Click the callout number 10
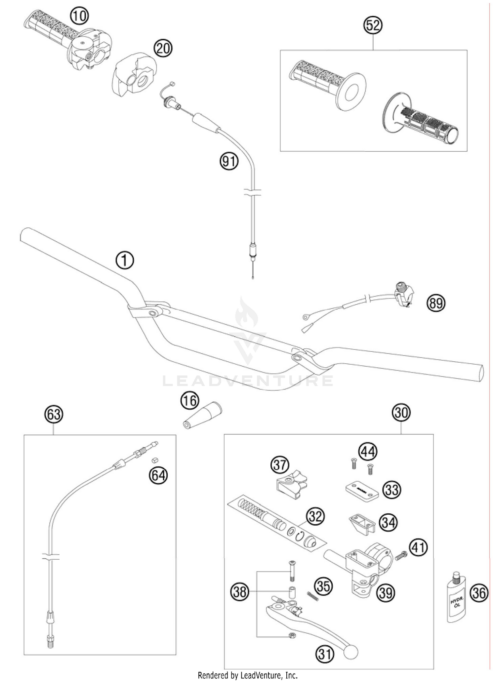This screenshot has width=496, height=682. [79, 15]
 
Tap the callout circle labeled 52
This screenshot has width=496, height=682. [373, 25]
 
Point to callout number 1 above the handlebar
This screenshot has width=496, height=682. [125, 261]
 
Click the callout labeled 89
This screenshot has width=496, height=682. [436, 302]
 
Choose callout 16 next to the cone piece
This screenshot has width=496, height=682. [189, 401]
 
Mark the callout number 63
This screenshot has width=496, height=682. [54, 414]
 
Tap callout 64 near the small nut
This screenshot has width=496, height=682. [158, 475]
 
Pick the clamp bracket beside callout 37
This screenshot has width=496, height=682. [291, 484]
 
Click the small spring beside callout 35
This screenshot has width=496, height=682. [313, 596]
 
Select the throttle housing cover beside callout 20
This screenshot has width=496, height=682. [133, 74]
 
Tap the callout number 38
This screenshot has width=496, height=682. [240, 591]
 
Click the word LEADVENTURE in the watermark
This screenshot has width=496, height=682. [248, 381]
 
